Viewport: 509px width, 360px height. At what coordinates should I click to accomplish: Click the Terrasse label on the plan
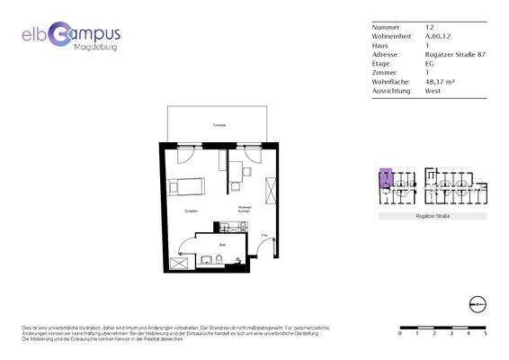pos(218,125)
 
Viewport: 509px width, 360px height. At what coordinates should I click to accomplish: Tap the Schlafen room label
pos(191,211)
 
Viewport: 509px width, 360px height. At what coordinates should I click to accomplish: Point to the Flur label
pos(264,236)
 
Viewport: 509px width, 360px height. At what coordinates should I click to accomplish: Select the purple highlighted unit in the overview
pos(385,177)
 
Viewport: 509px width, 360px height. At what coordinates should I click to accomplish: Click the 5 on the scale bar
pos(486,332)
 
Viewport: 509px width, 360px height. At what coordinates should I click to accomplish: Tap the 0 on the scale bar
pos(399,332)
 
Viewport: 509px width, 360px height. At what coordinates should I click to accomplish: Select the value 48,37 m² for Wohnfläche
pos(440,81)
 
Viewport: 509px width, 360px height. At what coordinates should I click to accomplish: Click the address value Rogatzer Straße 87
pos(455,54)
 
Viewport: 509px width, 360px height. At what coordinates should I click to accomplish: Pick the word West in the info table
pos(433,90)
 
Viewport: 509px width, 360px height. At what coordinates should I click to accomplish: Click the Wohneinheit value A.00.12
pos(437,36)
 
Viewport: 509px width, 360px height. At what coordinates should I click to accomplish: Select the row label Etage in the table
pos(380,63)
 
